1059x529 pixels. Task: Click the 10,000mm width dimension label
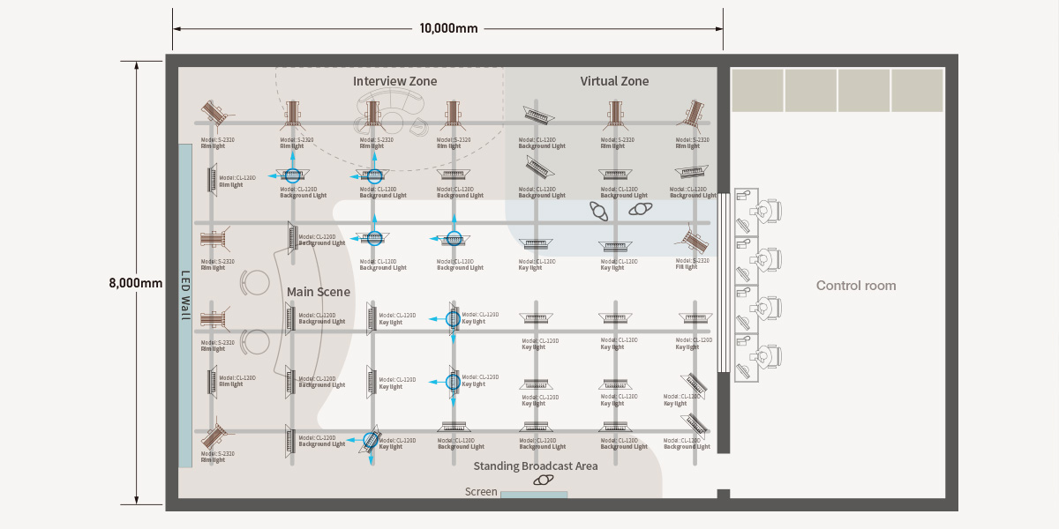coord(448,28)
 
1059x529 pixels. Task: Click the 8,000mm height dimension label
coord(136,283)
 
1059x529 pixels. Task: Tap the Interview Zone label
coord(394,81)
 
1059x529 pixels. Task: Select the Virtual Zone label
coord(614,81)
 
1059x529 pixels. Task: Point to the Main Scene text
coord(319,292)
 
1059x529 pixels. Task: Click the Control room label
coord(856,286)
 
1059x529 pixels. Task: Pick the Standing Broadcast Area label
coord(536,466)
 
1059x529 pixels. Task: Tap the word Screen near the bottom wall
coord(481,492)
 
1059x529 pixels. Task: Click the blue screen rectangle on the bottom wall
coord(534,495)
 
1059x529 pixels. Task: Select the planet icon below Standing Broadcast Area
coord(544,481)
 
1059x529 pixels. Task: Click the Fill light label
coord(687,267)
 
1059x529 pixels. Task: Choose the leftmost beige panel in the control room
coord(757,91)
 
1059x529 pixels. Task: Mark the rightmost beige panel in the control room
coord(917,91)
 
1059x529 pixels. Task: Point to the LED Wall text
coord(185,295)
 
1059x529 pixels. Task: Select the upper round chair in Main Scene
coord(256,282)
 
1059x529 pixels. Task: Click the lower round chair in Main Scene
coord(256,341)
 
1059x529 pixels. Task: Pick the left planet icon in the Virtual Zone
coord(600,212)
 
